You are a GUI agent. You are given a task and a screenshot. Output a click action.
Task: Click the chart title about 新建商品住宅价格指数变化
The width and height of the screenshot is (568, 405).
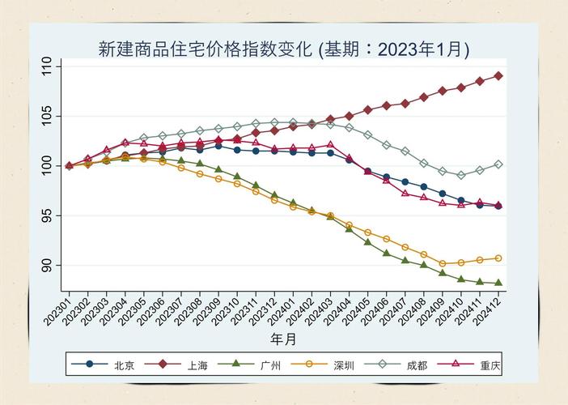pos(283,49)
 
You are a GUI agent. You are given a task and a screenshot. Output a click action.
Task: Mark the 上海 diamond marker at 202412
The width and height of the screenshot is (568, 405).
pos(498,75)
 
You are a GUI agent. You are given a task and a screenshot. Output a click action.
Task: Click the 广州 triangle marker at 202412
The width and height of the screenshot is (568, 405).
pos(498,283)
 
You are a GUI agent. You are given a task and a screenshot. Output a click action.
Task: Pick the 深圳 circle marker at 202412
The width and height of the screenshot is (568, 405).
pos(498,258)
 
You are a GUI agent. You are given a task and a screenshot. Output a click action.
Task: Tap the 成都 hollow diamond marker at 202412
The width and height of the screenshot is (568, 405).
pos(498,164)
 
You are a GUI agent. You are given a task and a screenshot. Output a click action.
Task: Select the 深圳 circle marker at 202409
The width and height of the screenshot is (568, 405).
pos(443,263)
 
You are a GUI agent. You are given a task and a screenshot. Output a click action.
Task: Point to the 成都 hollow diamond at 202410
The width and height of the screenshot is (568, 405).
pos(461,175)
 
